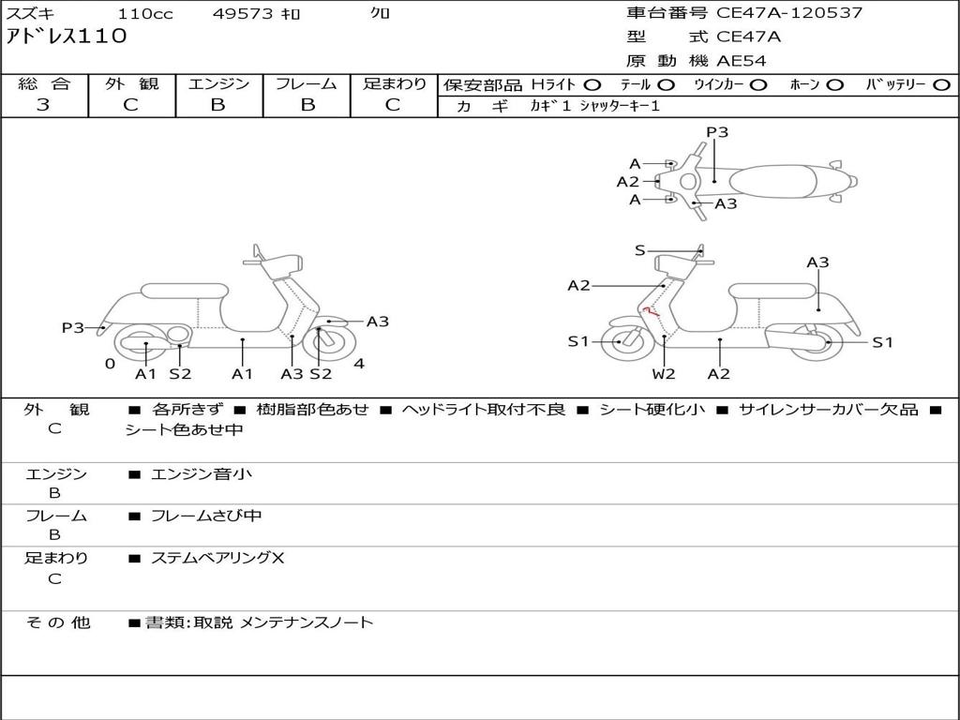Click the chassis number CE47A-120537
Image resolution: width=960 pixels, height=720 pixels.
click(x=788, y=13)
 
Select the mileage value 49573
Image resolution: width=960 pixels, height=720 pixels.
click(x=242, y=14)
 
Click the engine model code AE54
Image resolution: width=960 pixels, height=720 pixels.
click(x=742, y=62)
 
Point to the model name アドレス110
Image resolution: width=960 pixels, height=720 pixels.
click(x=66, y=37)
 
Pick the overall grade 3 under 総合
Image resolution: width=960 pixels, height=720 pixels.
click(x=43, y=105)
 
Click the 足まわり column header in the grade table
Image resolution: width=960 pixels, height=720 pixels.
click(x=394, y=84)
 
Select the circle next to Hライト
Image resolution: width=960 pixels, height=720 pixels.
click(x=592, y=85)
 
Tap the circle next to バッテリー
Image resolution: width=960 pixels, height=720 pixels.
click(x=942, y=85)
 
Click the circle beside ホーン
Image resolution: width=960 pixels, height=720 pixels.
click(x=835, y=85)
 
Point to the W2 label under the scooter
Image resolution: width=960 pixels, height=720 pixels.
click(x=664, y=374)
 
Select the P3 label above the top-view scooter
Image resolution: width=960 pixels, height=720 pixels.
click(x=717, y=132)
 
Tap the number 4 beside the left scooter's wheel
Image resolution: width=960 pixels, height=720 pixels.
click(x=359, y=364)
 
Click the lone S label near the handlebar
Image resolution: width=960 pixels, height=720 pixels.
click(x=640, y=250)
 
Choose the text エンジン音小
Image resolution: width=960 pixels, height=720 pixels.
click(x=202, y=474)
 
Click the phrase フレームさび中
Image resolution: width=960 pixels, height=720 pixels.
click(x=206, y=516)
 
